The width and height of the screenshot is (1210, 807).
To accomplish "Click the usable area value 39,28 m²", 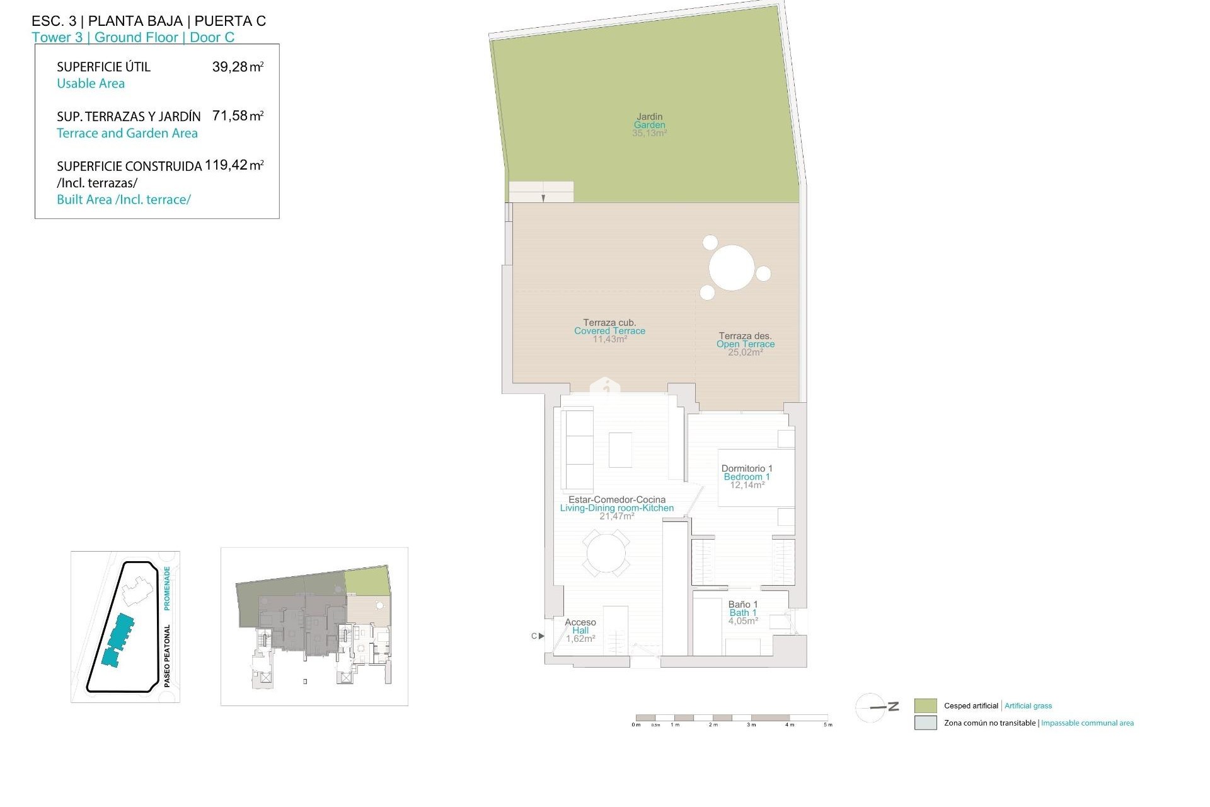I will (238, 67).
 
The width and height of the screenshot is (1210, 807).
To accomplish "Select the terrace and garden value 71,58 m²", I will (238, 116).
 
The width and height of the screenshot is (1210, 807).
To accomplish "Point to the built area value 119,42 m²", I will (234, 165).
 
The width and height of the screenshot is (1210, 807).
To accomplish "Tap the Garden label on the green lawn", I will (649, 125).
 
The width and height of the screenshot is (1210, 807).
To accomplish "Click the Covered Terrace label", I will (609, 331).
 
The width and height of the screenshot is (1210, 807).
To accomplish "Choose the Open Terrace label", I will (746, 344).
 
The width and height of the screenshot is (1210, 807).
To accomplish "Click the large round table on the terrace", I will (732, 268).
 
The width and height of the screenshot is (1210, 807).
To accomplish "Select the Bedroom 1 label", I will (747, 477).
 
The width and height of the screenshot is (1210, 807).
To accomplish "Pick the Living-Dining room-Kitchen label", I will (616, 508).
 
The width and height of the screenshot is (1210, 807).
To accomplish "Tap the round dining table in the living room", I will (606, 554).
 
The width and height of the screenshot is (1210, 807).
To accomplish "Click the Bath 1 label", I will (743, 613).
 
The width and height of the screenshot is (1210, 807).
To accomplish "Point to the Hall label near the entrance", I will (580, 630).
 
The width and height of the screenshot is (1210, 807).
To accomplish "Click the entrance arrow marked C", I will (541, 636).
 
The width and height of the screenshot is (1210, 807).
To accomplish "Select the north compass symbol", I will (875, 707).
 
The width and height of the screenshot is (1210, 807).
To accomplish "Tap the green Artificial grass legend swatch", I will (925, 705).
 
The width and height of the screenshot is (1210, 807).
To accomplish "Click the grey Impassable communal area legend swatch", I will (925, 723).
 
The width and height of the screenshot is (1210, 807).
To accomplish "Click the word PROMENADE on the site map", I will (167, 588).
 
